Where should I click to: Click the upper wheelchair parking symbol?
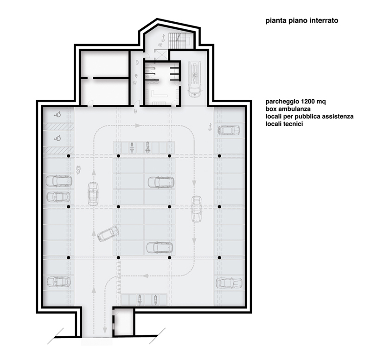58,115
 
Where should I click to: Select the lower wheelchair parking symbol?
58,138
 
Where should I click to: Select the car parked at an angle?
108,233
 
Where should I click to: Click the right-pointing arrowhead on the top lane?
138,125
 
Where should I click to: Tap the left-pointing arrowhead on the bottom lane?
146,276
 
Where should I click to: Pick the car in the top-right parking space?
229,130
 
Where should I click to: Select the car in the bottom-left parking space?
58,282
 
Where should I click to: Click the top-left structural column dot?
68,156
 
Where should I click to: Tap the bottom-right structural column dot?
219,257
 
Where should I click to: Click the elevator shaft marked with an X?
161,55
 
